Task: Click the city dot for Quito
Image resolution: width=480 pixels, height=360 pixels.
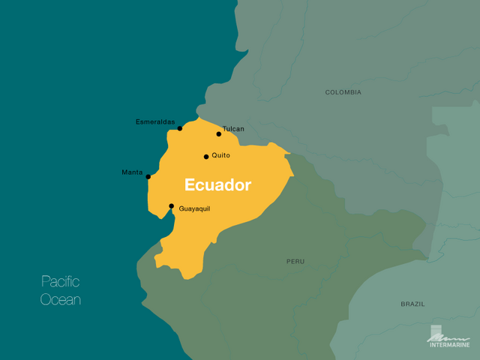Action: click(206, 157)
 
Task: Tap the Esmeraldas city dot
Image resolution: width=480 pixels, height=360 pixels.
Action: click(180, 128)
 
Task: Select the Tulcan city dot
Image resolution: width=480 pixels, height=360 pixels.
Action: click(219, 134)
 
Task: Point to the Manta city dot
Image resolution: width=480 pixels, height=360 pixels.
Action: click(148, 177)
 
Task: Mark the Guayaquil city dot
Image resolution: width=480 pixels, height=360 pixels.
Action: click(171, 206)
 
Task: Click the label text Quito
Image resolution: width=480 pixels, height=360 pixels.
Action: click(221, 155)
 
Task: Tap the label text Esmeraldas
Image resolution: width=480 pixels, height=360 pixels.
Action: click(155, 121)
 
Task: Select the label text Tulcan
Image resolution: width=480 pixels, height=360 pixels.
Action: click(233, 129)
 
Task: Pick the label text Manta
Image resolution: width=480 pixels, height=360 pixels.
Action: click(132, 172)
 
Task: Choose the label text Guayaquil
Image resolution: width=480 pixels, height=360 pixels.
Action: click(194, 208)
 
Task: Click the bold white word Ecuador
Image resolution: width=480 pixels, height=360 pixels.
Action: click(217, 184)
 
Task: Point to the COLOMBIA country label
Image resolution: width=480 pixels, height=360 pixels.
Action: click(343, 92)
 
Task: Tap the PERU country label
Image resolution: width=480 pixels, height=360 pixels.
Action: click(295, 262)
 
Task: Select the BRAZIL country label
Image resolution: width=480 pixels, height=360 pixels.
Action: click(412, 304)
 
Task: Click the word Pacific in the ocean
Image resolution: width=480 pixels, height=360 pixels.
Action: click(60, 282)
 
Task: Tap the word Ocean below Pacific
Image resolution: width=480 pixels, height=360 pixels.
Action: click(60, 300)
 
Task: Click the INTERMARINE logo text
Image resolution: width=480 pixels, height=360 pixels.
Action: click(448, 346)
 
